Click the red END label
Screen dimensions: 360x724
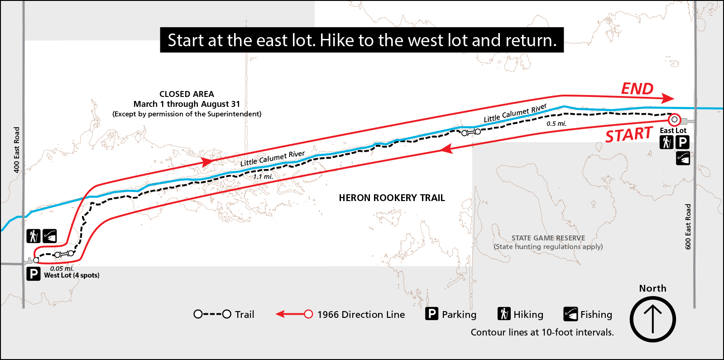click(637, 89)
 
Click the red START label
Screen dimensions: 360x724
click(629, 135)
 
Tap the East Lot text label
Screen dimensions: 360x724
click(673, 131)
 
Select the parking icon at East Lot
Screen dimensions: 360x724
click(682, 143)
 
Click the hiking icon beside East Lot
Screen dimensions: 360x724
click(666, 143)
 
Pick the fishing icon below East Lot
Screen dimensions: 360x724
click(683, 158)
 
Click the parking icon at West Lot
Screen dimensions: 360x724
click(34, 274)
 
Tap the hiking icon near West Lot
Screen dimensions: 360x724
click(33, 236)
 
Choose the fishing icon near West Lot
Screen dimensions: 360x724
click(49, 236)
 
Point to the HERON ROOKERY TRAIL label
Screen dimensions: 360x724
click(392, 198)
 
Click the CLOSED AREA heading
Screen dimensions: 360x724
click(187, 94)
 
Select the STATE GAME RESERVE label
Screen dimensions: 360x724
click(548, 238)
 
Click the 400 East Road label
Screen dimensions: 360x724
click(17, 149)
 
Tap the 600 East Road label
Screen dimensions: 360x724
click(688, 226)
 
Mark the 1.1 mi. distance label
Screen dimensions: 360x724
click(263, 177)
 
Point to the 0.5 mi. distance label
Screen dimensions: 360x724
click(556, 124)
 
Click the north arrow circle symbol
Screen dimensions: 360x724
click(652, 319)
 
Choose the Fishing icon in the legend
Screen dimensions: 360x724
click(571, 314)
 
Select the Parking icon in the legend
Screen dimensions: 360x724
click(432, 314)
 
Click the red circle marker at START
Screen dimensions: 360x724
click(674, 120)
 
